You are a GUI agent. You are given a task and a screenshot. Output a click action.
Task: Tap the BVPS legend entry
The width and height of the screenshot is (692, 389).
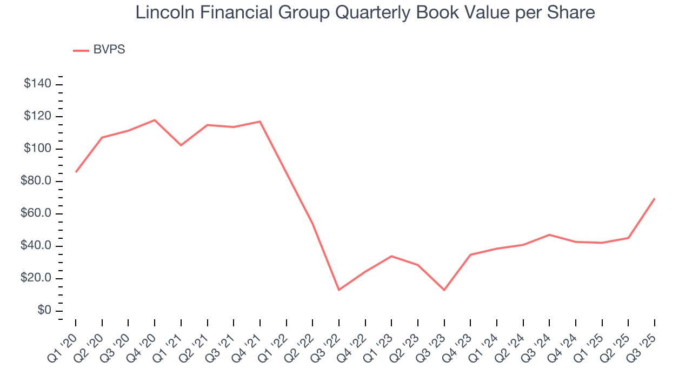tap(109, 50)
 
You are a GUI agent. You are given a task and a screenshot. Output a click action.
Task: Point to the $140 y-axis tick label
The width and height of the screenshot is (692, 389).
tap(37, 84)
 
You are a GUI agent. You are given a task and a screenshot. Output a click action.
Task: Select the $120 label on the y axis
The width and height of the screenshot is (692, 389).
tap(37, 116)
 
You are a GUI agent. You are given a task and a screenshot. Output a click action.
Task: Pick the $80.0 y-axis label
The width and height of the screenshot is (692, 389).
tap(36, 181)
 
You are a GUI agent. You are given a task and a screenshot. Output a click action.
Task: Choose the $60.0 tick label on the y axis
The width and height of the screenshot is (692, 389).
tap(36, 213)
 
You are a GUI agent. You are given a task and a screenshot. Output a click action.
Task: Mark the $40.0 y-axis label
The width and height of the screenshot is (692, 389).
tap(36, 246)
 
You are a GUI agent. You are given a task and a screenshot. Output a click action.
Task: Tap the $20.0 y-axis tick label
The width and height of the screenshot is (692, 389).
tap(36, 278)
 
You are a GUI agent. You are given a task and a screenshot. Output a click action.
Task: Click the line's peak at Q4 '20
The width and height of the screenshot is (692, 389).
tap(155, 120)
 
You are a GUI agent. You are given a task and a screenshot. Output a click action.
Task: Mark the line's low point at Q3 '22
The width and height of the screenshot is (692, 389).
tap(339, 290)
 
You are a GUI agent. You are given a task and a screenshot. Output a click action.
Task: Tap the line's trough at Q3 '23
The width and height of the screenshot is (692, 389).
tap(444, 290)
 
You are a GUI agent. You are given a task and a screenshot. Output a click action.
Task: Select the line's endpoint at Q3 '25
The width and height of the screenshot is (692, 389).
tap(655, 198)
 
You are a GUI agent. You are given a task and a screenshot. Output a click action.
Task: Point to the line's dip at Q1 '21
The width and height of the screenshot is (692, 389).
tap(181, 145)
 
